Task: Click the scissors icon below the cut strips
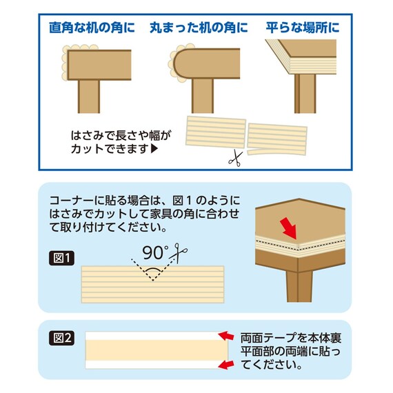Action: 234,159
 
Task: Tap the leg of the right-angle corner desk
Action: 88,97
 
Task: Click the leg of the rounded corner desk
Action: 203,97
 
